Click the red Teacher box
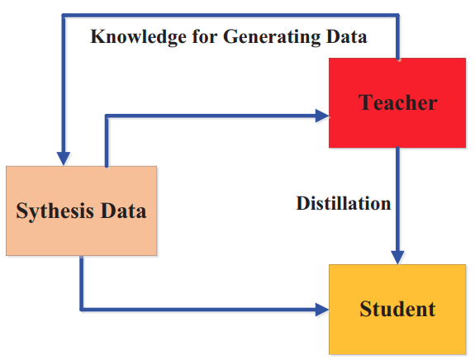(397, 103)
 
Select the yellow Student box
(397, 309)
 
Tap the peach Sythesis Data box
(82, 211)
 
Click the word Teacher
(397, 102)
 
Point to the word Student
(397, 309)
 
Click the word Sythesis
(55, 211)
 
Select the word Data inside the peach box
(123, 211)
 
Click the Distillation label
(343, 203)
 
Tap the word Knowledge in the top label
(139, 37)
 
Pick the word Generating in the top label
(272, 37)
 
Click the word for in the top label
(205, 36)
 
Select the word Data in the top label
(346, 36)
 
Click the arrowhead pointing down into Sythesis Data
(64, 159)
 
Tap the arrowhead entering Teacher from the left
(322, 116)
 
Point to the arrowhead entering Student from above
(397, 258)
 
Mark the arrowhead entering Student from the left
(322, 310)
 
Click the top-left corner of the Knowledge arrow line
(64, 16)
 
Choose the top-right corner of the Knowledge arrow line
(397, 16)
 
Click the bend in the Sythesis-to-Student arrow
(82, 310)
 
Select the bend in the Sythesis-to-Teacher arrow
(107, 116)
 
